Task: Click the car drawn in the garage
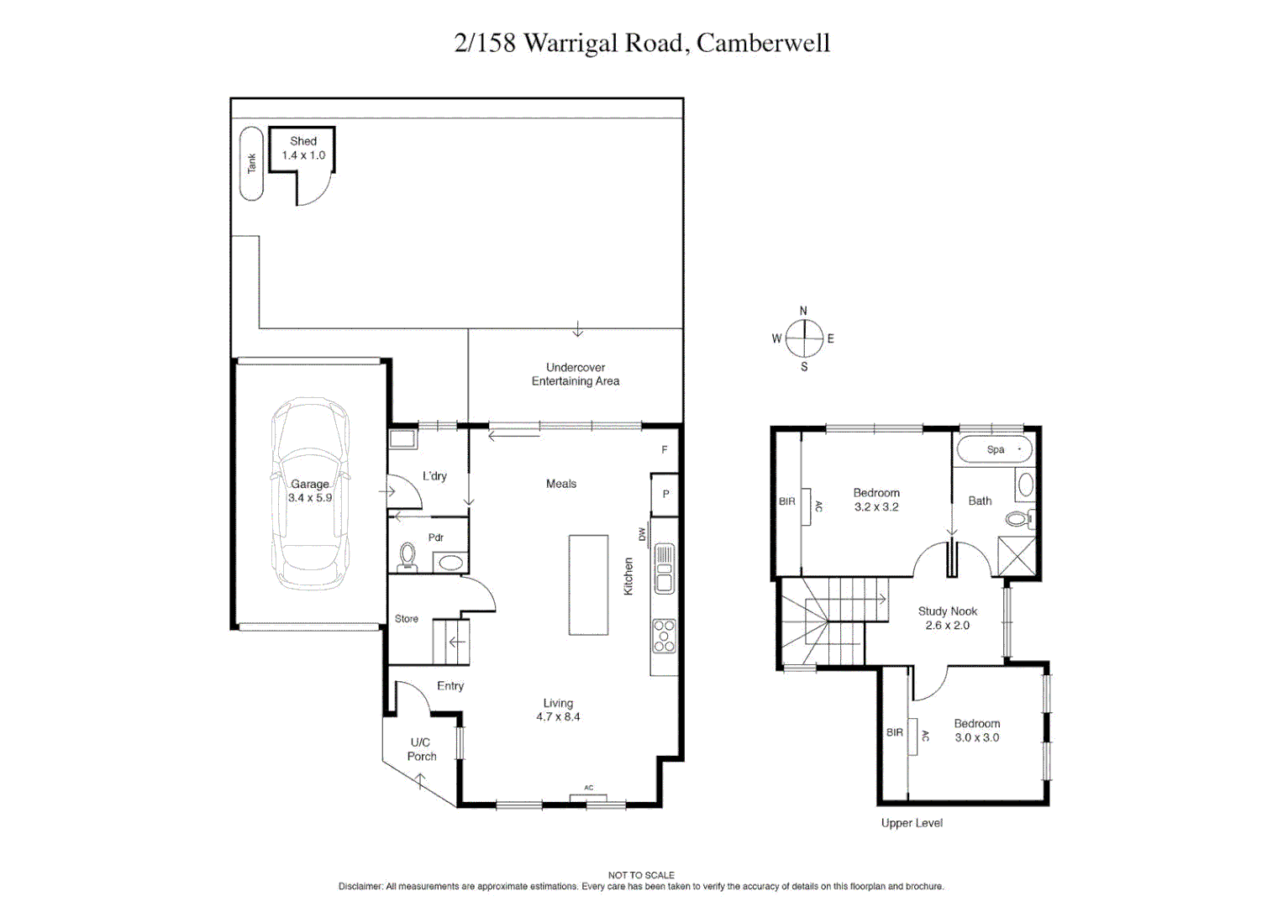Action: pyautogui.click(x=310, y=494)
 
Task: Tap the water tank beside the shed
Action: pyautogui.click(x=251, y=164)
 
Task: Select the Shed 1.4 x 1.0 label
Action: pyautogui.click(x=303, y=148)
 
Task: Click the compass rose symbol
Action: pyautogui.click(x=804, y=339)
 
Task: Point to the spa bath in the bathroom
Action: pyautogui.click(x=995, y=449)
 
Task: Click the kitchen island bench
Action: pyautogui.click(x=588, y=585)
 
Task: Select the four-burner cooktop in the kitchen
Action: pyautogui.click(x=664, y=636)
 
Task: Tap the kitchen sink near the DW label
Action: pyautogui.click(x=664, y=569)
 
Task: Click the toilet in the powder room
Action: pyautogui.click(x=408, y=557)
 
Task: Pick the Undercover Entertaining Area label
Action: pyautogui.click(x=576, y=375)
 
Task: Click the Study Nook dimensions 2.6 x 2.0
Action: pyautogui.click(x=947, y=626)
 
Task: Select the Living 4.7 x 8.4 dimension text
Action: pyautogui.click(x=558, y=717)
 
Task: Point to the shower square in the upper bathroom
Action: pyautogui.click(x=1016, y=555)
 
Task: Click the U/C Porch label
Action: pyautogui.click(x=421, y=749)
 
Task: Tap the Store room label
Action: pyautogui.click(x=407, y=619)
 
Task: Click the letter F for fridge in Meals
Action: pyautogui.click(x=665, y=450)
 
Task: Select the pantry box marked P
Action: pyautogui.click(x=665, y=494)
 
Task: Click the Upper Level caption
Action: pyautogui.click(x=912, y=823)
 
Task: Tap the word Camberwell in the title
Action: pyautogui.click(x=763, y=43)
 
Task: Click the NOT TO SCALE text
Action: pyautogui.click(x=641, y=875)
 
